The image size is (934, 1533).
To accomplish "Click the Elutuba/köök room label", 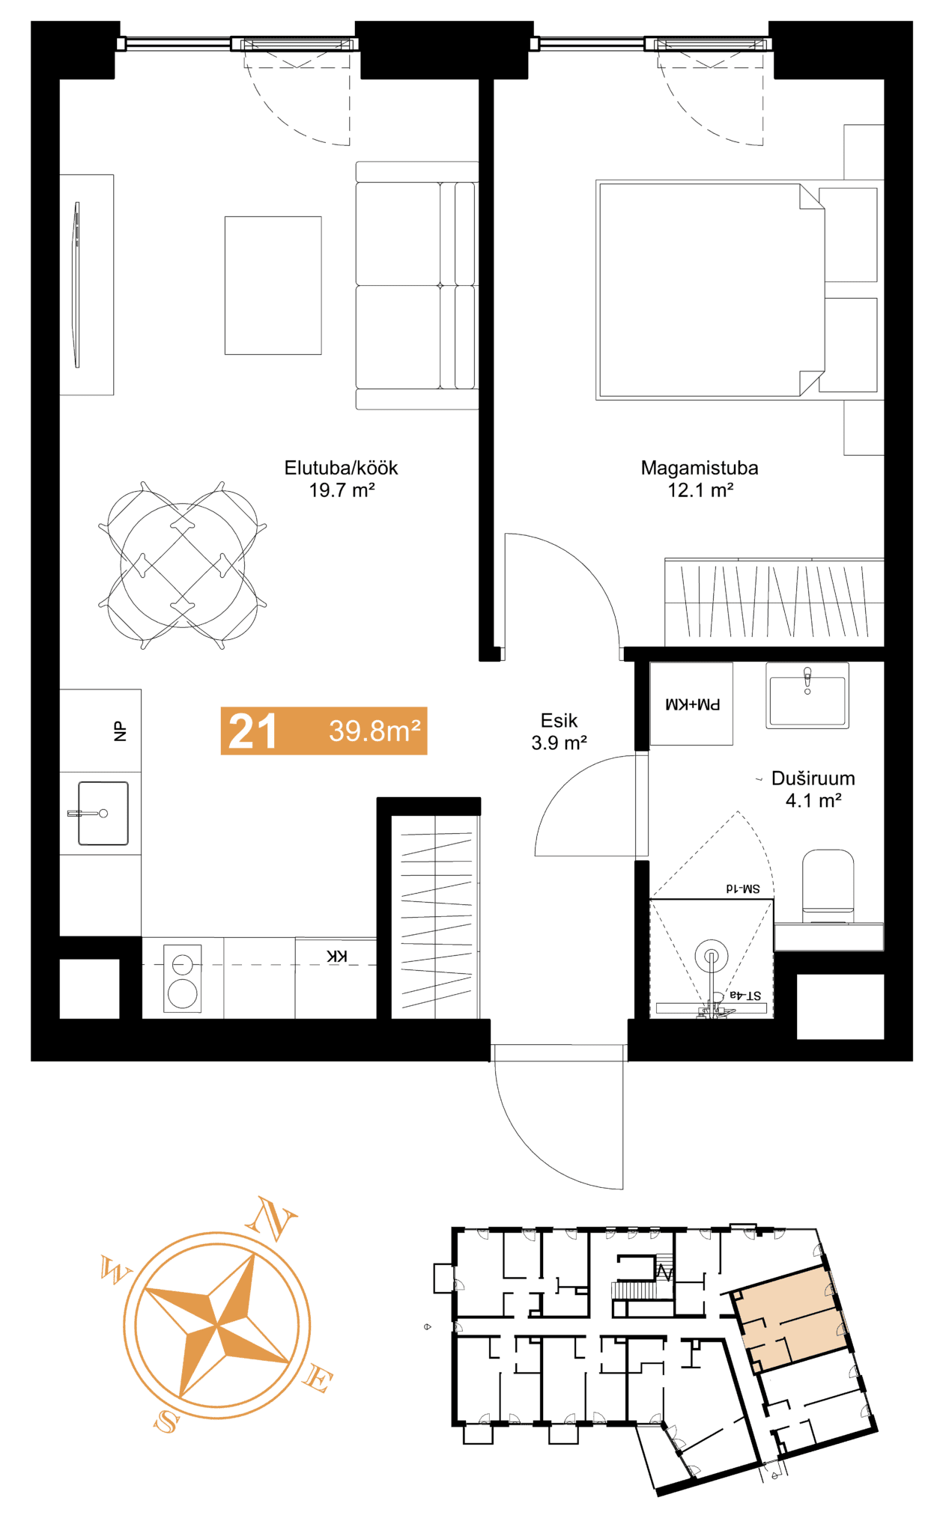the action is click(x=341, y=468).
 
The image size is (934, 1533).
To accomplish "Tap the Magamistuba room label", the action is click(x=700, y=468).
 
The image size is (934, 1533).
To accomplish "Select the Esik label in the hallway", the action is click(x=559, y=720).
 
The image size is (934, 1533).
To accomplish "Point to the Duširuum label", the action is click(x=813, y=778).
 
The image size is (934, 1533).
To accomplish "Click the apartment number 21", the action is click(x=252, y=731).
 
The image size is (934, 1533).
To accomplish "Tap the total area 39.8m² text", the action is click(x=374, y=731).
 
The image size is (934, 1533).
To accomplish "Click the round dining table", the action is click(x=183, y=565).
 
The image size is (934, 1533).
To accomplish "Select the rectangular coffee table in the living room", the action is click(x=273, y=285).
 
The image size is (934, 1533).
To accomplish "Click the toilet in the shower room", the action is click(x=828, y=887).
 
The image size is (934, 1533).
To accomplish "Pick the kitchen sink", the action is click(x=103, y=813).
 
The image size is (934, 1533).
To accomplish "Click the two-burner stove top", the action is click(x=183, y=978).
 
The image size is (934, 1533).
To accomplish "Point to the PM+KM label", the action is click(x=693, y=704).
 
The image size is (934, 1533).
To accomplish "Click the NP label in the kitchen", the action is click(x=120, y=731).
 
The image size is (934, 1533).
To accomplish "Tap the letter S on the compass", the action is click(x=167, y=1421).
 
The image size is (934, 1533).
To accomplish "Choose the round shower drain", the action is click(x=712, y=956).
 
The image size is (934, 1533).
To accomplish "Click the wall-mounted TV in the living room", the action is click(x=76, y=284).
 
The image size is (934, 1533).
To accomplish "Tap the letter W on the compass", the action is click(x=115, y=1271).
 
